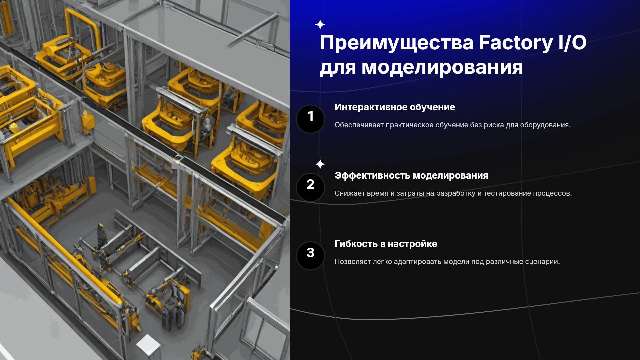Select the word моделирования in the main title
[x=442, y=67]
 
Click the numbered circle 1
[x=310, y=119]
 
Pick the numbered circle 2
[x=310, y=187]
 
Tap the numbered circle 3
[x=310, y=256]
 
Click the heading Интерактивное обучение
[x=395, y=107]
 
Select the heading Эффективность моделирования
[x=411, y=176]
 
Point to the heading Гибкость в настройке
[x=386, y=244]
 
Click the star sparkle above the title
[x=320, y=25]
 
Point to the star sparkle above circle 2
[x=320, y=164]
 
